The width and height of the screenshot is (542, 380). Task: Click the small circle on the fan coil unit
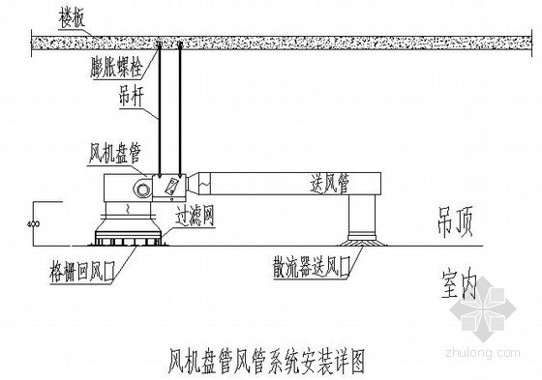click(x=143, y=183)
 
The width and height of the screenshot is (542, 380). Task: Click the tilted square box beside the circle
click(x=166, y=184)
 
